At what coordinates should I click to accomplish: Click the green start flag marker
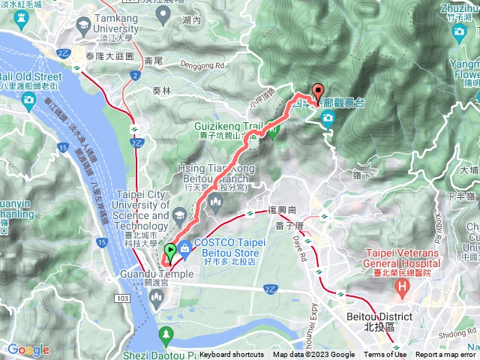pos(170,252)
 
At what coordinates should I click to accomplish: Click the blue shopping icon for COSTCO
pos(185,257)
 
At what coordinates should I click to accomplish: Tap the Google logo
pos(28,349)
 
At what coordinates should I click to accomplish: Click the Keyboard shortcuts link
pos(232,355)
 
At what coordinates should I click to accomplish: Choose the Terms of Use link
pos(385,355)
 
